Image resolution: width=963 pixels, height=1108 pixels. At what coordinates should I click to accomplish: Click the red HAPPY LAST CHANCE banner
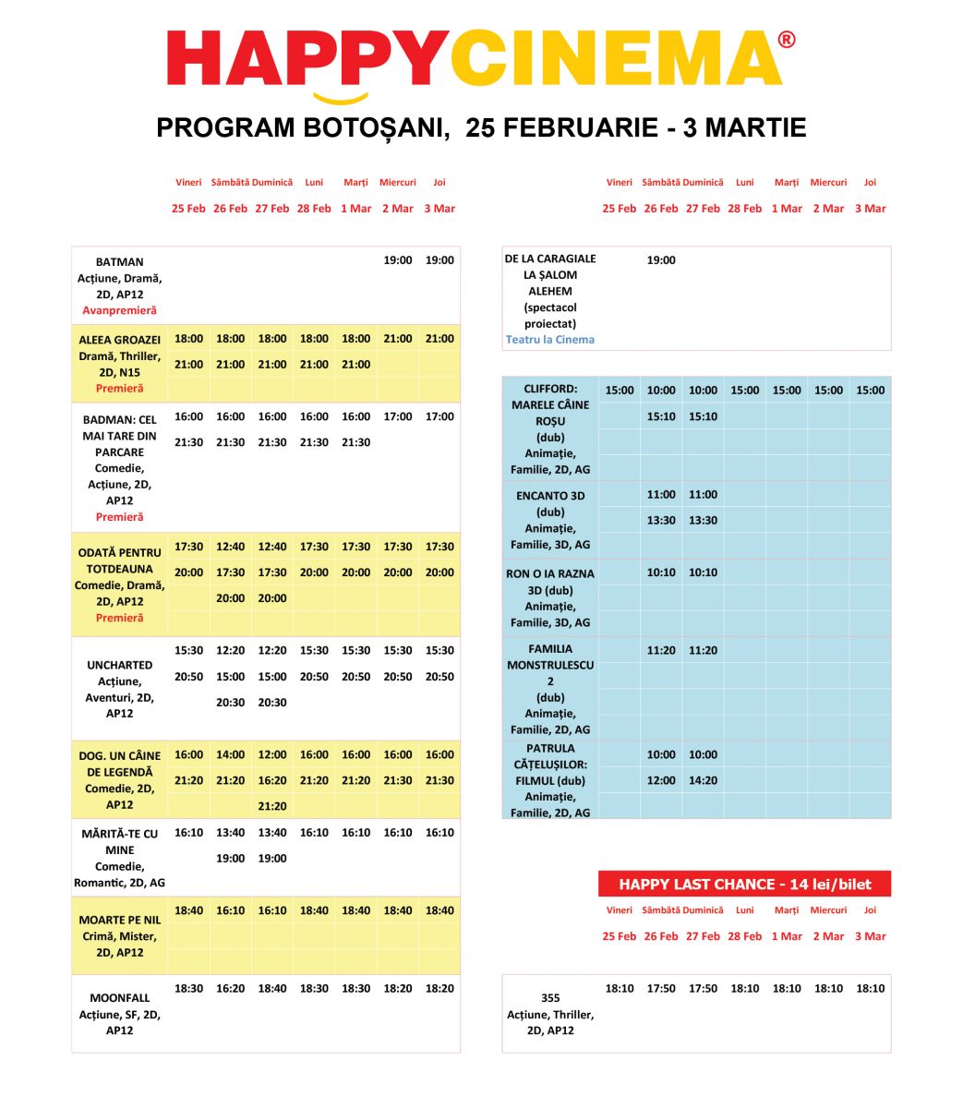[x=744, y=884]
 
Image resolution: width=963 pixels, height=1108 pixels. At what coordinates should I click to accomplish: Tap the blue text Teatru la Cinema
[x=550, y=339]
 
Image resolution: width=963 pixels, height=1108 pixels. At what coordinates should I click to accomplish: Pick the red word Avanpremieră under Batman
[x=119, y=310]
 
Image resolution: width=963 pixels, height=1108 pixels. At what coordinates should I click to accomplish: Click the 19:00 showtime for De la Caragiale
[x=661, y=260]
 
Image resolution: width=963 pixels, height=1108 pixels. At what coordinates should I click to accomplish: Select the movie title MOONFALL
[x=119, y=997]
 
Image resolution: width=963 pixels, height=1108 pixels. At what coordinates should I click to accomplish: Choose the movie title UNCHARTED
[x=119, y=665]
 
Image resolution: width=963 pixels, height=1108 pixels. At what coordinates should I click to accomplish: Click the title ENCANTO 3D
[x=550, y=496]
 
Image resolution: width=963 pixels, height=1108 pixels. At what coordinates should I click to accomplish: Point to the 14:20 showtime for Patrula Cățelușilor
[x=703, y=780]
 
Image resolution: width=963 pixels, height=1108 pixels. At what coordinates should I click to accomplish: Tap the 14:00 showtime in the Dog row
[x=230, y=754]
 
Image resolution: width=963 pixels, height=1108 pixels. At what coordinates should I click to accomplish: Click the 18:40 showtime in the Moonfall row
[x=272, y=988]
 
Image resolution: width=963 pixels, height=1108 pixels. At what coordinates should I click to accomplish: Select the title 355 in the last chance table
[x=550, y=997]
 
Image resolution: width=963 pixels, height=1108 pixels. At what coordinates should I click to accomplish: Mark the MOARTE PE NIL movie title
[x=119, y=920]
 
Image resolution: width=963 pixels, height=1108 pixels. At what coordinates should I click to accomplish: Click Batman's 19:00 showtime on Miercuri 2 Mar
[x=398, y=260]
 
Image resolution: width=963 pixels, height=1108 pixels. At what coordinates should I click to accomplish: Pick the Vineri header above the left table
[x=188, y=183]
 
